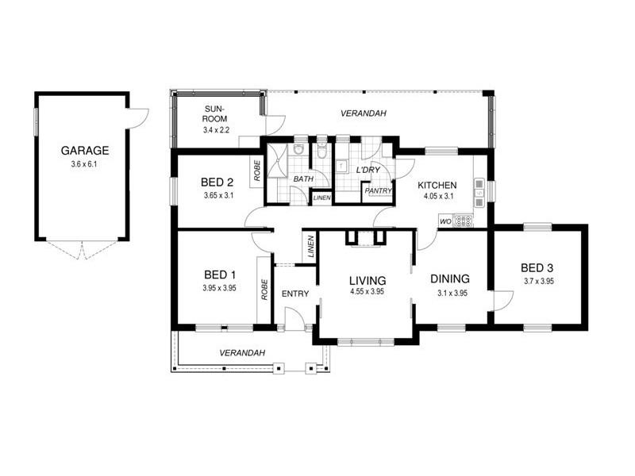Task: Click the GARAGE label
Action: [84, 150]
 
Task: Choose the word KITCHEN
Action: [437, 185]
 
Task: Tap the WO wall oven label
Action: [444, 222]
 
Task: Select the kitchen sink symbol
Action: [479, 190]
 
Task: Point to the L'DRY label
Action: [367, 171]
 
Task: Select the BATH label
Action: [302, 180]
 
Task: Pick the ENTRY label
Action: [294, 294]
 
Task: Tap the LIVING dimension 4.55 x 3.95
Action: [367, 292]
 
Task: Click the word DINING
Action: [450, 279]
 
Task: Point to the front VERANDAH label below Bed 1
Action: [243, 352]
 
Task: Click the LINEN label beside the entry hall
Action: [310, 248]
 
